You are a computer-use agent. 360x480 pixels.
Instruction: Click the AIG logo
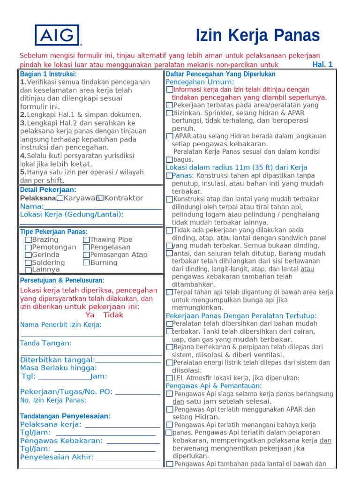[57, 35]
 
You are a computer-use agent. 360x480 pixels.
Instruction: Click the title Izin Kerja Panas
[257, 36]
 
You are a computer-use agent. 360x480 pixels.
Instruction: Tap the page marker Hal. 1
[322, 65]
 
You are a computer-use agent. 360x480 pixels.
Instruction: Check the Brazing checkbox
[29, 240]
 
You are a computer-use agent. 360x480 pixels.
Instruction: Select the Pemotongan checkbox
[29, 247]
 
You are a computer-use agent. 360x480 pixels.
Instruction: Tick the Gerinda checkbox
[29, 255]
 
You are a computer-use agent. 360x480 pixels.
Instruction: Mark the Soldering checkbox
[29, 262]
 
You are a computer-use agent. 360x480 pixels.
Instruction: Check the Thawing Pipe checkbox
[86, 240]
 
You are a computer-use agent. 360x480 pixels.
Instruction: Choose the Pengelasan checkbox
[86, 247]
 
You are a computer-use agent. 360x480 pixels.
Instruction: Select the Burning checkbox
[86, 262]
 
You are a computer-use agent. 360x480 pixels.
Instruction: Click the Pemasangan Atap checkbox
[86, 255]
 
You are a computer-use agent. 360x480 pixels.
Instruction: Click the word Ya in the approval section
[90, 315]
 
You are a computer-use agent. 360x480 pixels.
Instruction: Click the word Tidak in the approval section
[113, 315]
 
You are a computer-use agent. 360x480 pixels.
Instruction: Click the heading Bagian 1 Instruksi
[48, 74]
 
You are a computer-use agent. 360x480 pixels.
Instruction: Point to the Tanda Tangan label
[46, 343]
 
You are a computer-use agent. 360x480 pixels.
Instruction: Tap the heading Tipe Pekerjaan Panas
[53, 232]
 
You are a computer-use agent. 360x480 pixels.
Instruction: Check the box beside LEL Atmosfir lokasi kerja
[169, 378]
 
